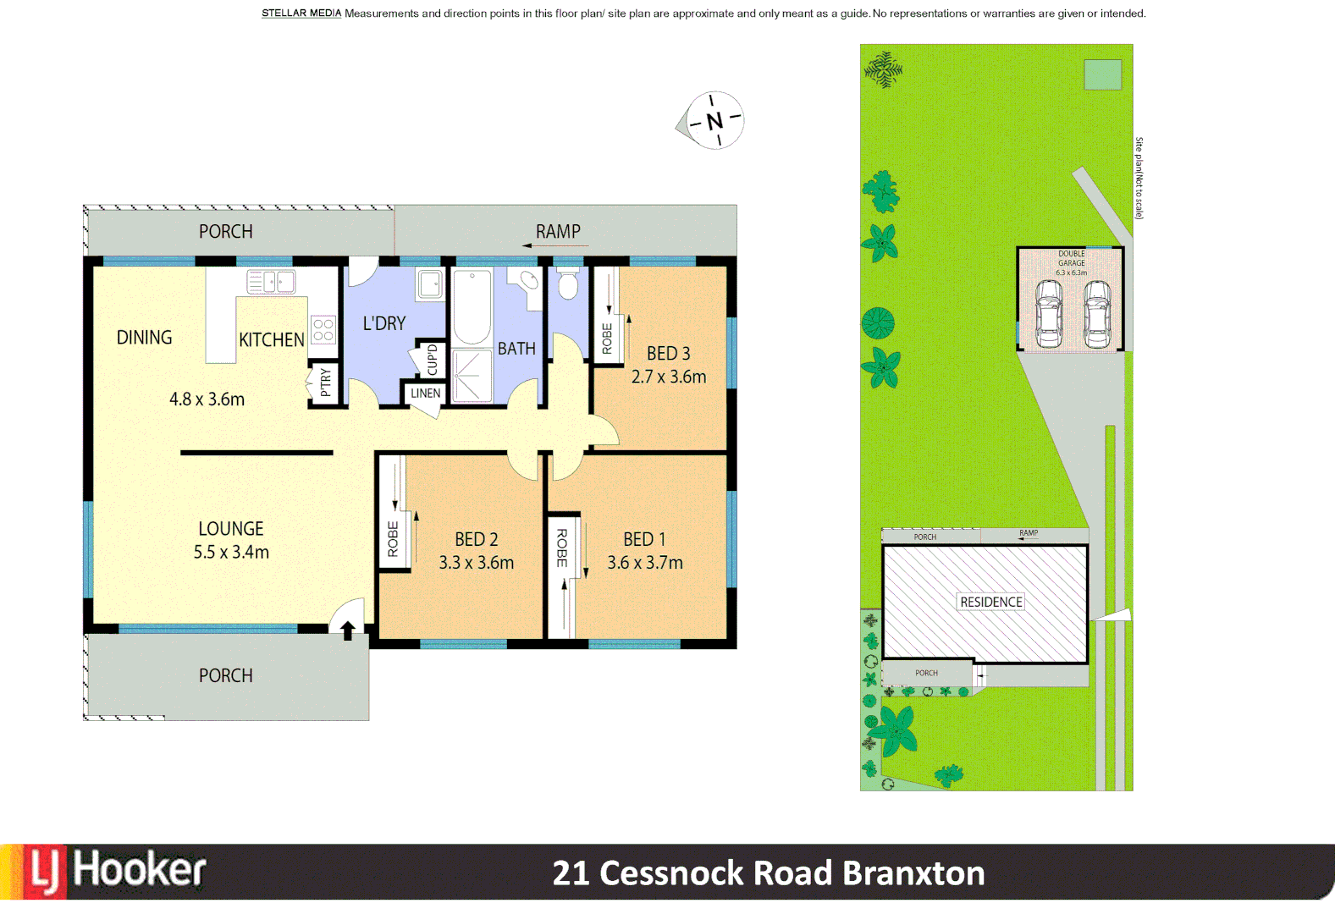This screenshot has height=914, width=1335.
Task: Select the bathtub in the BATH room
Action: coord(472,306)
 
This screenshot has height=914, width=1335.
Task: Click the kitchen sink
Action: coord(270,281)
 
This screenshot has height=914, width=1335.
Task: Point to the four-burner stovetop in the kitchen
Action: coord(323,329)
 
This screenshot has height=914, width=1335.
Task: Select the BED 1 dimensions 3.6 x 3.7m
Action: coord(644,563)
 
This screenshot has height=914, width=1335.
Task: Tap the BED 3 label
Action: coord(668,353)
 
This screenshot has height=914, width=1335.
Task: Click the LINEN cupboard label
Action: coord(425,394)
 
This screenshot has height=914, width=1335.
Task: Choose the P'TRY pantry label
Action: coord(325,383)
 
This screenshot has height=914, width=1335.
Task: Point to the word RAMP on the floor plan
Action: coord(558,232)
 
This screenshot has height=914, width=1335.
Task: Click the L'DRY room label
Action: coord(384,323)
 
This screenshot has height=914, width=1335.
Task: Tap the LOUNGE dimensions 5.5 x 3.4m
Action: coord(231,553)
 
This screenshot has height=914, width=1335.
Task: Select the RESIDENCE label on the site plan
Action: coord(990,602)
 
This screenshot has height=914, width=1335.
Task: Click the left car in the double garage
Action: coord(1048,314)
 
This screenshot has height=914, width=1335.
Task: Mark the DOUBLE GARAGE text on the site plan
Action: coord(1071,258)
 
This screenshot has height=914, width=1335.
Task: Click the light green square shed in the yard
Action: coord(1102,74)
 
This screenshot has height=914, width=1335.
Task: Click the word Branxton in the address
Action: coord(913,873)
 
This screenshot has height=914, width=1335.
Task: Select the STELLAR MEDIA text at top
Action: coord(301,14)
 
